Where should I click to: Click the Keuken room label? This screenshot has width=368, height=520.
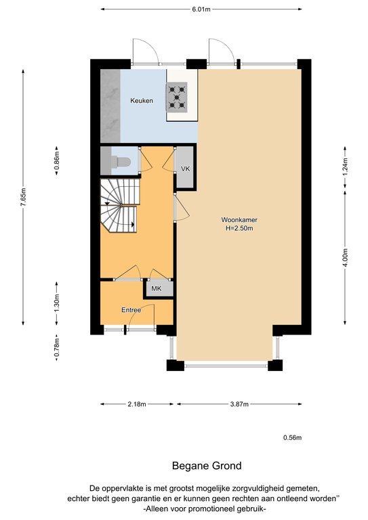pos(142,100)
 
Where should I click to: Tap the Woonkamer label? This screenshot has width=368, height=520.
pos(239,219)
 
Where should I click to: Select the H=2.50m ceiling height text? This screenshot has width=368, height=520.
pos(239,228)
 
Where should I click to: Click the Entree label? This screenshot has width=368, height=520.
pos(131,310)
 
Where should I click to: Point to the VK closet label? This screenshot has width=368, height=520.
pos(186,169)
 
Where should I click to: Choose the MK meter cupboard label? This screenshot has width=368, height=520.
pos(157,288)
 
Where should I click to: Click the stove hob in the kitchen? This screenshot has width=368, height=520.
pos(176,97)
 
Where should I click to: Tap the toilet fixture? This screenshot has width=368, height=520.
pos(121,162)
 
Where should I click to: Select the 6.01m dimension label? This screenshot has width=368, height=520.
pos(201,9)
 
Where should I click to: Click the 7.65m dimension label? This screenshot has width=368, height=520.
pos(23,197)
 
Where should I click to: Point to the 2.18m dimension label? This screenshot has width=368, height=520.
pos(137,404)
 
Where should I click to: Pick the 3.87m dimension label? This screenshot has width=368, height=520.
pos(239,404)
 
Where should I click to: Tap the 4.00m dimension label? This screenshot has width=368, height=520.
pos(345,257)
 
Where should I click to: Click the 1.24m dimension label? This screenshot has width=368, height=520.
pos(345,167)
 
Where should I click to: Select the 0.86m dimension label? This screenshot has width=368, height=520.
pos(57,160)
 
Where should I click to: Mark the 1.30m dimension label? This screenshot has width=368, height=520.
pos(57,303)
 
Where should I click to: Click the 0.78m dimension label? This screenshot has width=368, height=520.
pos(57,347)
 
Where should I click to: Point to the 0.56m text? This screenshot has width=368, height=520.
pos(292,438)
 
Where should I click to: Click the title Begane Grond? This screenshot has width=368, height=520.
pos(207,466)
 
